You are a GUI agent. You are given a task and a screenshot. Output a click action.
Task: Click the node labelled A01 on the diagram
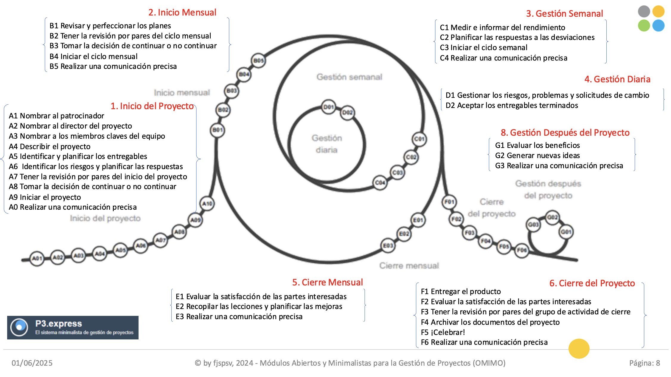[37, 258]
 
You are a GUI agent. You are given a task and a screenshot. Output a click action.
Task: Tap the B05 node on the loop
[258, 61]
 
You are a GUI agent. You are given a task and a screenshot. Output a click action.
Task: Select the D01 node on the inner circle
[328, 107]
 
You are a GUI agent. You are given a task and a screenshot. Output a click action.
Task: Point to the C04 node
[380, 183]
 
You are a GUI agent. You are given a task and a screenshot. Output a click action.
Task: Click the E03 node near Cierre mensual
[388, 245]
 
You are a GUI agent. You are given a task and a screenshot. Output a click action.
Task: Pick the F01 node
[449, 202]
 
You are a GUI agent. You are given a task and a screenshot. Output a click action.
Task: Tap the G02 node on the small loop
[552, 217]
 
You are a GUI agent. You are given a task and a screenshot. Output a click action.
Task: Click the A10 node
[207, 204]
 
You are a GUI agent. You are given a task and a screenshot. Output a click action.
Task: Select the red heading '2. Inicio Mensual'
[182, 13]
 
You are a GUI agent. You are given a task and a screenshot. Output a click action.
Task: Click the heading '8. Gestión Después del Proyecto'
[565, 132]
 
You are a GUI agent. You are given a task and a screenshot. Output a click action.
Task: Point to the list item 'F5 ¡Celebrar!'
[443, 332]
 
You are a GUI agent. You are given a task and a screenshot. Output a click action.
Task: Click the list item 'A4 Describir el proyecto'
[49, 146]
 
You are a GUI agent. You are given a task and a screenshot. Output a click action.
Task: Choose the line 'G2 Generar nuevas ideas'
[538, 155]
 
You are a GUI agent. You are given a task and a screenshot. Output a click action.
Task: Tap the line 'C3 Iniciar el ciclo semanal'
[484, 47]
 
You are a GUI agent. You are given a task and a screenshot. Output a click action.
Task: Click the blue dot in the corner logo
[658, 26]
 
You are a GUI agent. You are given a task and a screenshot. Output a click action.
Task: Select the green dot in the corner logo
[644, 26]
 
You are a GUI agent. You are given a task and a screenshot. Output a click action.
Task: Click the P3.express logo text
[59, 324]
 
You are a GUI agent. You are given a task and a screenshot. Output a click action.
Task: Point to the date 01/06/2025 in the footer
[32, 363]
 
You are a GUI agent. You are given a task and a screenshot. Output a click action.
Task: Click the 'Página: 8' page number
[644, 363]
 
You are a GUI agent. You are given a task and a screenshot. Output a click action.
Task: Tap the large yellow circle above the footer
[579, 349]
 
